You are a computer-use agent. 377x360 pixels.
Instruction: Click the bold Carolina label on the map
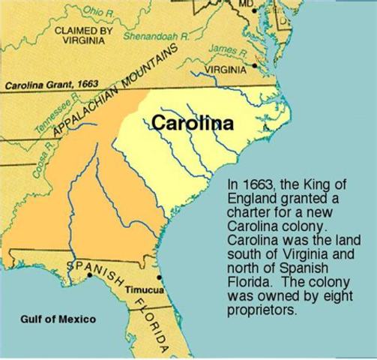click(x=192, y=122)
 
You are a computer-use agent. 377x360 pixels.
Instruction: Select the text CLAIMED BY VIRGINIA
click(x=82, y=35)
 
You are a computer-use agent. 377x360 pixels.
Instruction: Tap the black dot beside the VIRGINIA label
click(x=256, y=66)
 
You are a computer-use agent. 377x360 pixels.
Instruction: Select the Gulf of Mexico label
click(x=58, y=319)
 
